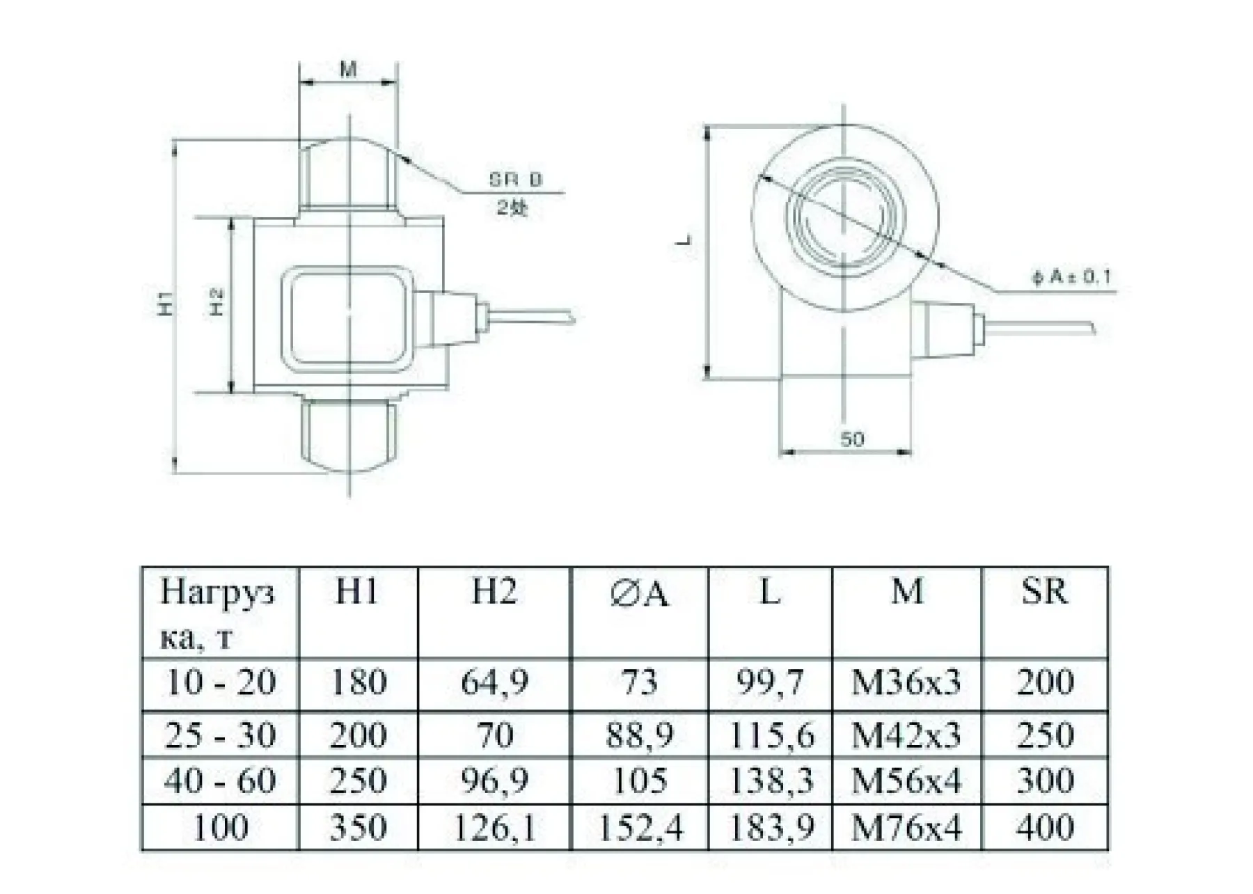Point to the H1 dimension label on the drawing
(164, 305)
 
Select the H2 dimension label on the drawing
(217, 304)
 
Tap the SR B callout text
(515, 180)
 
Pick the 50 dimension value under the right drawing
(852, 439)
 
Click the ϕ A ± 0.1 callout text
(1072, 277)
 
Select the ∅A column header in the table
(638, 594)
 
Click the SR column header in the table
(1044, 592)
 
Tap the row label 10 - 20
(220, 682)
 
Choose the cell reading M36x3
(906, 682)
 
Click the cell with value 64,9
(494, 682)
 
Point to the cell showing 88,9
(639, 735)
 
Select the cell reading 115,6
(770, 735)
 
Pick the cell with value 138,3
(770, 781)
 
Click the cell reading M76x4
(906, 828)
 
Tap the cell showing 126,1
(494, 828)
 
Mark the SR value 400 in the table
(1044, 828)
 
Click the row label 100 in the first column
(220, 828)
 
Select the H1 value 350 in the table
(358, 828)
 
